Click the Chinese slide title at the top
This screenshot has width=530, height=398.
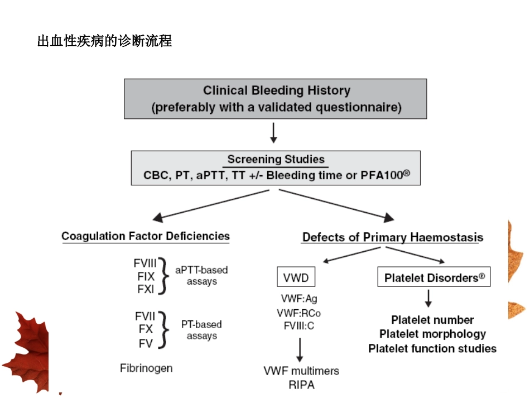click(104, 41)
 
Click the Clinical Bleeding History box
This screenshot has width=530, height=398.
click(276, 98)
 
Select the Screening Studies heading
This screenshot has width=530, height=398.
click(276, 159)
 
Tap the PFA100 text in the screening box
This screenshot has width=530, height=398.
click(384, 176)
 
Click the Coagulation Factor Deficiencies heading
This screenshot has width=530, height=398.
click(145, 236)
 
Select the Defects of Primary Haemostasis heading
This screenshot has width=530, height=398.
click(392, 237)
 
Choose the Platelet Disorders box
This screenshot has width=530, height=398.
click(434, 277)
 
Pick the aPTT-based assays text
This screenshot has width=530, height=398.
click(201, 276)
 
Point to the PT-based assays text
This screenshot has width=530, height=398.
click(201, 330)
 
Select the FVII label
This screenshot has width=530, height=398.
click(145, 317)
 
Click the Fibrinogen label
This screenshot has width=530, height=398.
click(146, 368)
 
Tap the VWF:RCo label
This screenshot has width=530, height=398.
click(298, 313)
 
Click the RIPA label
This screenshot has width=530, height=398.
click(301, 385)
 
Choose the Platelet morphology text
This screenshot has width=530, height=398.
click(432, 334)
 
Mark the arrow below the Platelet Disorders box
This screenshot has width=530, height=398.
click(428, 299)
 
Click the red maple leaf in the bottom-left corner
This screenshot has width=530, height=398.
click(25, 349)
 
